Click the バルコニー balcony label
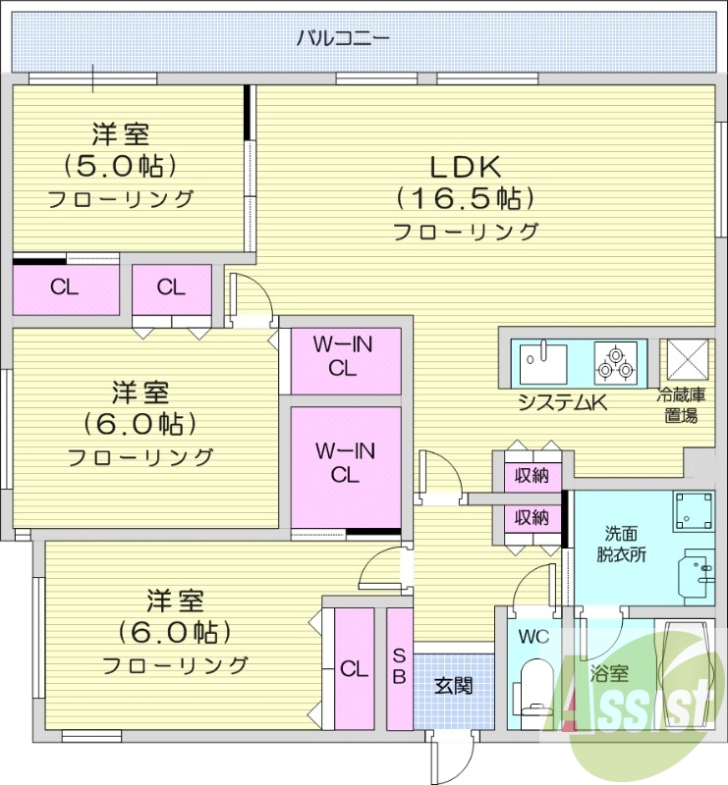[343, 39]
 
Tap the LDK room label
[464, 166]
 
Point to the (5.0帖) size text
[122, 164]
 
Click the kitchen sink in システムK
[541, 362]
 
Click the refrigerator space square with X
[684, 360]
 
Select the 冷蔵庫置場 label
[682, 404]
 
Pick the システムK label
[559, 401]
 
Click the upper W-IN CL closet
[345, 357]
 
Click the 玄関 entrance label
[453, 684]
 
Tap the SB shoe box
[400, 668]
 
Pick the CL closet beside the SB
[354, 668]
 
